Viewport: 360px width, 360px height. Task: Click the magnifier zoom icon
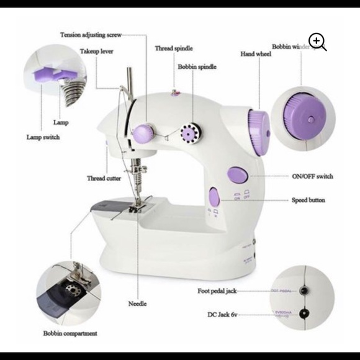317,42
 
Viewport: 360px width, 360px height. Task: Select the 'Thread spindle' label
174,48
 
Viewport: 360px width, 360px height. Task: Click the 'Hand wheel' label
255,54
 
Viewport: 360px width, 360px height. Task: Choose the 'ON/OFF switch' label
312,176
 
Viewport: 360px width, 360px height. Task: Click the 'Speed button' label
308,200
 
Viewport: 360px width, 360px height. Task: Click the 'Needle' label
137,304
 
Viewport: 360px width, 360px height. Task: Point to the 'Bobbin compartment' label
70,333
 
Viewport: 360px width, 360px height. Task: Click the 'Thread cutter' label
104,178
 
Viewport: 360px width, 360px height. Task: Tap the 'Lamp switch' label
43,137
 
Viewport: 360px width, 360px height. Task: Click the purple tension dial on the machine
143,132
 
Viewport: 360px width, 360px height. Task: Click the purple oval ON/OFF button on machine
236,174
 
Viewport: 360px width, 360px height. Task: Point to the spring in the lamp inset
73,92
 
